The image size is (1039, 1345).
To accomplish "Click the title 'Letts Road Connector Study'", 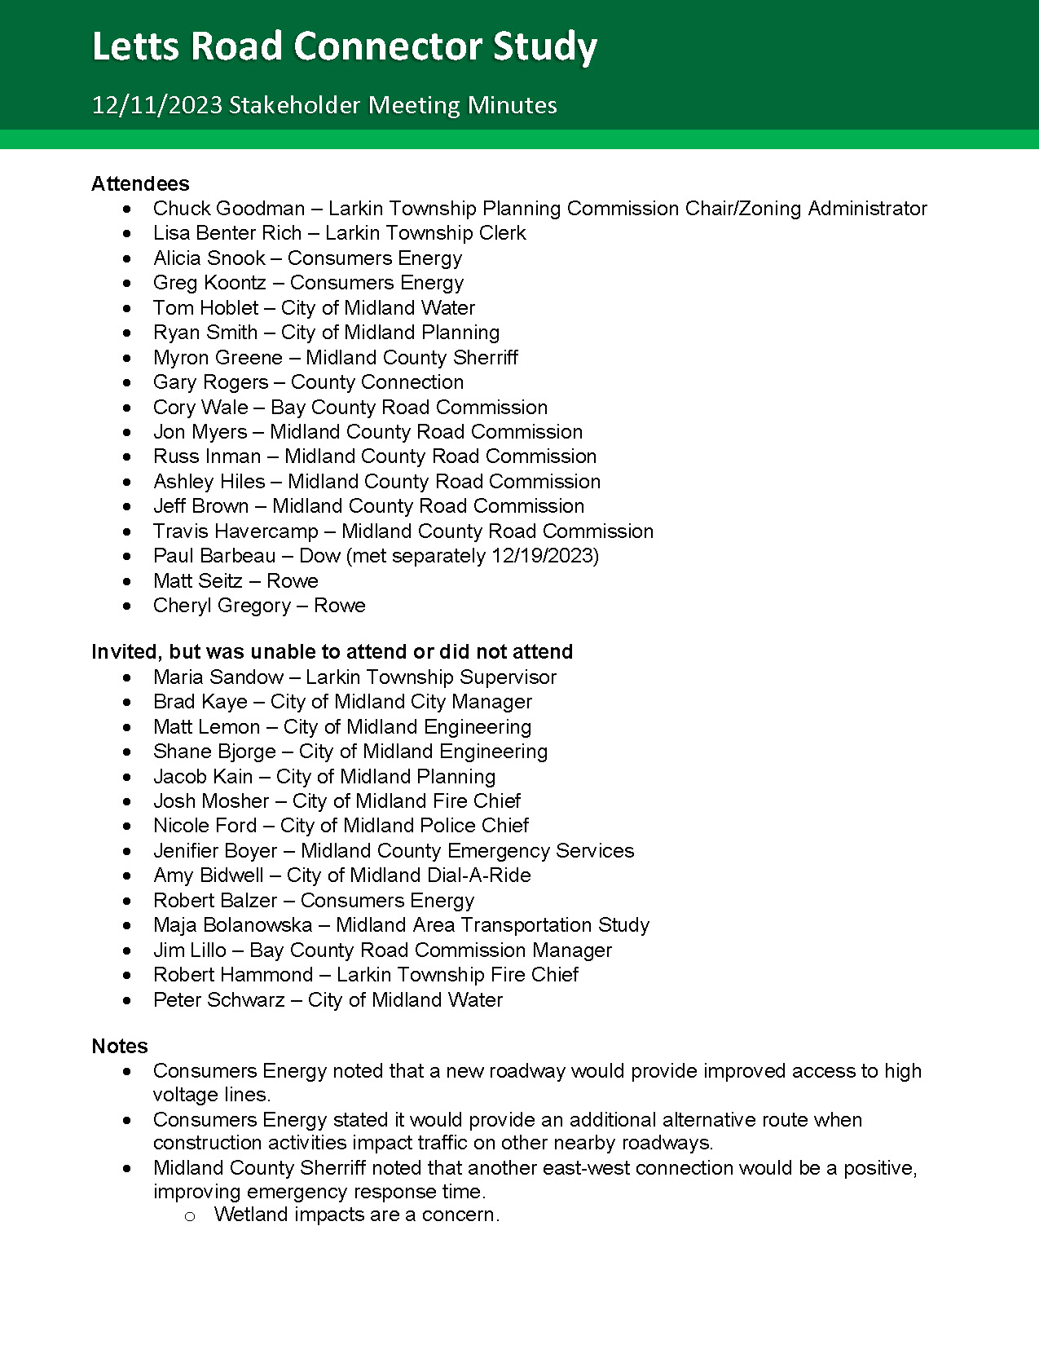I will pos(345,47).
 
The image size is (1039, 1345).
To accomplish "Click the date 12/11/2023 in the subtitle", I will pos(156,105).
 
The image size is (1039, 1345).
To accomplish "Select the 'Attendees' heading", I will pos(140,183).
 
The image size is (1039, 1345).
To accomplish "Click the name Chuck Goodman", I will pos(229,209).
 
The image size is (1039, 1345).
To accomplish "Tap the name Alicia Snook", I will pos(209,258).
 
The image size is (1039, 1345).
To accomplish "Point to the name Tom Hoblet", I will pos(206,308).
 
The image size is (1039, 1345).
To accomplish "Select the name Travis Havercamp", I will pos(236,531).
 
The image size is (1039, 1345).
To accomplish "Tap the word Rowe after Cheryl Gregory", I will pos(340,606).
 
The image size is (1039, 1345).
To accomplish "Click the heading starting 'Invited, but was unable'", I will pos(332,652).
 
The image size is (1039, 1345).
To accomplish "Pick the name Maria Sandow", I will pos(218,677).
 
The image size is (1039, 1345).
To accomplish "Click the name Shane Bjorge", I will pos(214,752).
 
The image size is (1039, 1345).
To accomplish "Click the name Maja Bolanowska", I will pos(233,925).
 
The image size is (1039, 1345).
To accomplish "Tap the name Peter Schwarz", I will pos(219,1000).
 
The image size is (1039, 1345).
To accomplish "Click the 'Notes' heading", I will pos(120,1047).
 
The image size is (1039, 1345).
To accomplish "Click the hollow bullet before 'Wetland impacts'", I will pos(190,1216).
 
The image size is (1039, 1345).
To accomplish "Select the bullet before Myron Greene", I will pos(126,358).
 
